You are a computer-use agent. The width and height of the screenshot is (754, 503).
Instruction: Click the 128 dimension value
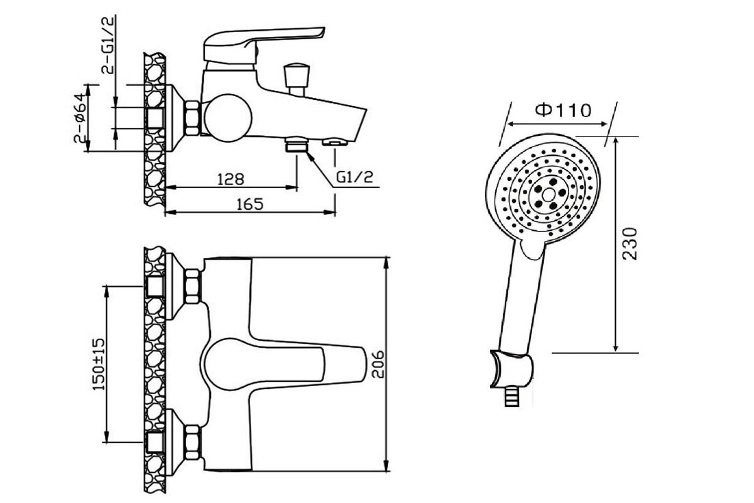pyautogui.click(x=231, y=179)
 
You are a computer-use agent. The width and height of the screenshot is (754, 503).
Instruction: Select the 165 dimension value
pyautogui.click(x=250, y=204)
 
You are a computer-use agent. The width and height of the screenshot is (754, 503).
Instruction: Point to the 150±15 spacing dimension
pyautogui.click(x=99, y=364)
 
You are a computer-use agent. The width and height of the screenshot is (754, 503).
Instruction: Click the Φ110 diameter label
pyautogui.click(x=563, y=110)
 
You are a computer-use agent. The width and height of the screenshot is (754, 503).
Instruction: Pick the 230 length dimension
pyautogui.click(x=630, y=243)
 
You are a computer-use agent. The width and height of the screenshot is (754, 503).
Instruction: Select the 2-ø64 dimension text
pyautogui.click(x=81, y=118)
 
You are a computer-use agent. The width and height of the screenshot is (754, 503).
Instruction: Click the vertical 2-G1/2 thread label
pyautogui.click(x=107, y=45)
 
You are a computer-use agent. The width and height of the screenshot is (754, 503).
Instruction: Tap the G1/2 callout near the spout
pyautogui.click(x=355, y=177)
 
